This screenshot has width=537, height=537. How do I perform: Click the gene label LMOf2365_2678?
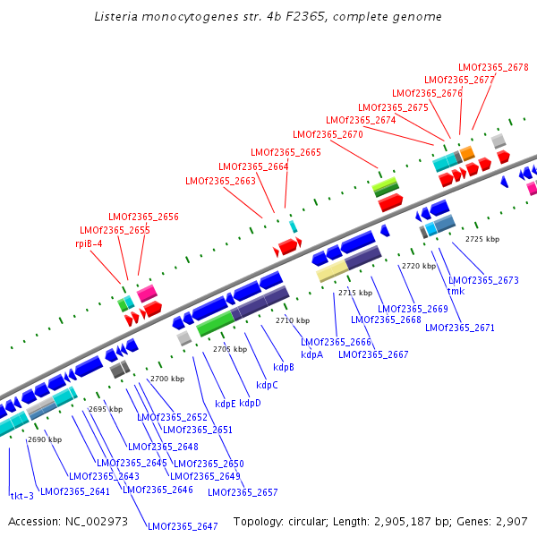coord(493,67)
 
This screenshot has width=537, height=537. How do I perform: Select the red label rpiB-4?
coord(89,243)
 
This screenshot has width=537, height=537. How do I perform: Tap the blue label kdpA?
coord(311,354)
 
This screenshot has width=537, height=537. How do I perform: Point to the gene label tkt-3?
coord(21,496)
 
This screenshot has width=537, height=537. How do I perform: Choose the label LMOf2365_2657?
coord(243,492)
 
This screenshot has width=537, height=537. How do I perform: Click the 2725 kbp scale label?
coord(482,239)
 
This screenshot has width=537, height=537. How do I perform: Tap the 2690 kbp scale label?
coord(45,439)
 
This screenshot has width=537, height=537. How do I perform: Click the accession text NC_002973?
coord(95,521)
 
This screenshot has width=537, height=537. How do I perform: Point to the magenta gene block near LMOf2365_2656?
coord(147,293)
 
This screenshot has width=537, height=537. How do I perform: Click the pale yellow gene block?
coord(332,271)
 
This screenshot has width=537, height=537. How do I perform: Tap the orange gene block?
coord(467,153)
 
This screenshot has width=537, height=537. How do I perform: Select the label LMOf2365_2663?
coord(220,181)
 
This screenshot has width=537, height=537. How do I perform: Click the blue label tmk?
coord(456,291)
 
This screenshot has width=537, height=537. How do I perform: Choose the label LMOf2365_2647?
coord(183,526)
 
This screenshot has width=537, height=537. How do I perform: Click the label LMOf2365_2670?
coord(328,134)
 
